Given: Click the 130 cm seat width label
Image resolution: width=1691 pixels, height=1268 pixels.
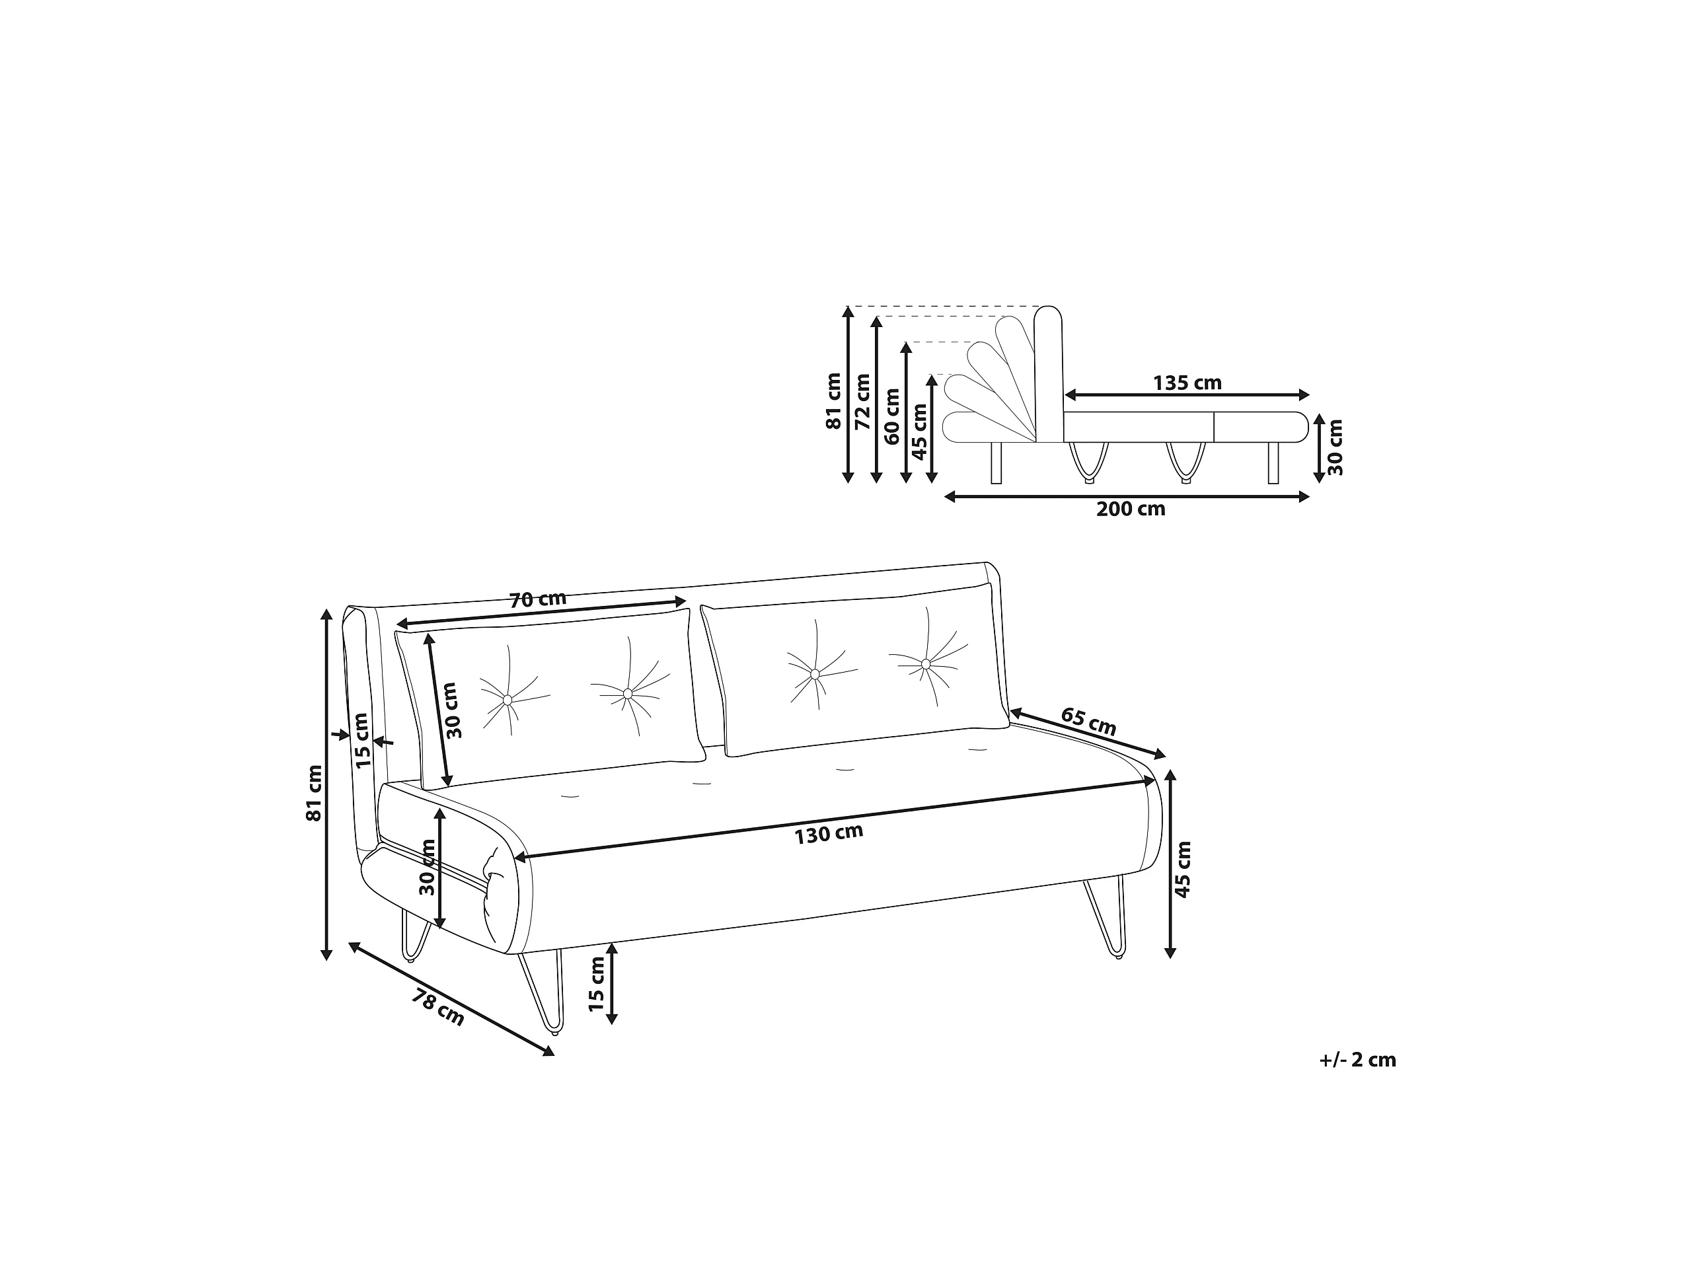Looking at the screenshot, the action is (x=829, y=834).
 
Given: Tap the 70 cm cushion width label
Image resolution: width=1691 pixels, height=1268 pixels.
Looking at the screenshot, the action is (x=538, y=599).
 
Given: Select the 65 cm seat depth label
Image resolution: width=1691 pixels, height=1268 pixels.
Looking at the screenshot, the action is (x=1088, y=722).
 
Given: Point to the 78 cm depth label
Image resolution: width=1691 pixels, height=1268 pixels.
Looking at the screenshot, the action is (x=438, y=1008).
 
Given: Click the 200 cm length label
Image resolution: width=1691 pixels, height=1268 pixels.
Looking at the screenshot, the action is (x=1131, y=509).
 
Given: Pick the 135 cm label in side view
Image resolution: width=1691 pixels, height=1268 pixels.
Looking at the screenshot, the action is (x=1187, y=383).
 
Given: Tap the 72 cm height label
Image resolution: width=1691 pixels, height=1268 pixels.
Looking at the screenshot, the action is (x=862, y=401).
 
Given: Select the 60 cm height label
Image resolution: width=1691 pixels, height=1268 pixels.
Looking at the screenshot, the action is (x=891, y=416).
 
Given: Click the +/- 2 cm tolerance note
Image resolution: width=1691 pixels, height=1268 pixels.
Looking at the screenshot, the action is (x=1358, y=1060).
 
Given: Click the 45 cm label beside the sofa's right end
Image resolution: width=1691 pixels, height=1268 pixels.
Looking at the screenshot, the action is (x=1183, y=869).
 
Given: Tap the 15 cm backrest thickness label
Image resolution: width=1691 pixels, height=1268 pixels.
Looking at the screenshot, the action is (x=361, y=740).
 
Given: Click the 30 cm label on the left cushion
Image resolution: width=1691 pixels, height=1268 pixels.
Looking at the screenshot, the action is (x=453, y=710).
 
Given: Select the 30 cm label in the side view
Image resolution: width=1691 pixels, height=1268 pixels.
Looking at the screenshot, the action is (x=1335, y=447).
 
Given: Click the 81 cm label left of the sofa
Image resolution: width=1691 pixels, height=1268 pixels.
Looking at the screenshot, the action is (x=313, y=794).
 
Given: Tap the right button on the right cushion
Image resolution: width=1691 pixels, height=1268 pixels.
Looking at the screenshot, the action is (x=926, y=663).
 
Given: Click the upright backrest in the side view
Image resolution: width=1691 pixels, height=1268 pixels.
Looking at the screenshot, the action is (x=1048, y=374).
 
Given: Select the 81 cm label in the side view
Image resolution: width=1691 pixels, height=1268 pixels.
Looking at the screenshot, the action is (x=833, y=401).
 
